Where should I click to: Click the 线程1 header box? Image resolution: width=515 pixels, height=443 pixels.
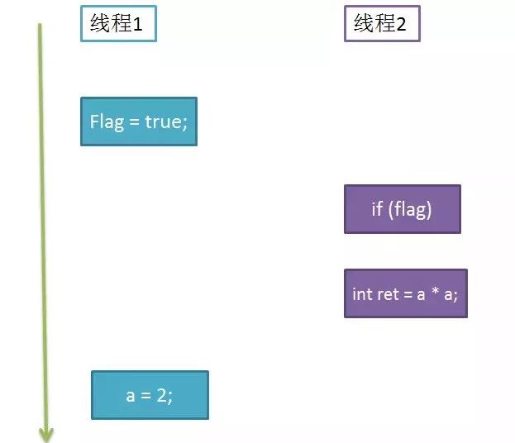[x=118, y=24]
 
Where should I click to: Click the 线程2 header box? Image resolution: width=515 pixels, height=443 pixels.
[x=382, y=24]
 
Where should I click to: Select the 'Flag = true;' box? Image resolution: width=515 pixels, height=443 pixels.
[x=139, y=121]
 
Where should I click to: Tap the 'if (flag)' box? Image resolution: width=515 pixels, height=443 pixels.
[x=403, y=209]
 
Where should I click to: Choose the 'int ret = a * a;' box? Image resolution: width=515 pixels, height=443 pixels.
[x=406, y=293]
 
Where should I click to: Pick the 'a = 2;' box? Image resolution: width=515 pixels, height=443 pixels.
[x=150, y=395]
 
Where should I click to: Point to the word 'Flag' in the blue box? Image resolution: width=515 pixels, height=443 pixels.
[x=107, y=122]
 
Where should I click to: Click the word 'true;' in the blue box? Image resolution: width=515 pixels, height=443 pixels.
[x=166, y=121]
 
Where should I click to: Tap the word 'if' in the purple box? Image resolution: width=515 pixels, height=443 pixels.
[x=377, y=208]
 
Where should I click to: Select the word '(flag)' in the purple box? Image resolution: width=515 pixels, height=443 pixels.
[x=410, y=209]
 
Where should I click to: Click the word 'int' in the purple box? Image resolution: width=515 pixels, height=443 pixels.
[x=362, y=294]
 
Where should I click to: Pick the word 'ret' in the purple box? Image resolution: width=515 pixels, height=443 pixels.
[x=388, y=294]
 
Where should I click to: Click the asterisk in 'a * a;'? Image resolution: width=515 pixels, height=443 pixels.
[x=435, y=291]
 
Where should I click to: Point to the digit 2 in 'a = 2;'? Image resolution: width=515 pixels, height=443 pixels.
[x=162, y=395]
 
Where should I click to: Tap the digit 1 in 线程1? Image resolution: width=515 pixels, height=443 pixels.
[x=137, y=24]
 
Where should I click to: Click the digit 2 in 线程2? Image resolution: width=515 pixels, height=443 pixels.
[x=401, y=24]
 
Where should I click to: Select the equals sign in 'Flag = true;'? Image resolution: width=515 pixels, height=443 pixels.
[x=135, y=122]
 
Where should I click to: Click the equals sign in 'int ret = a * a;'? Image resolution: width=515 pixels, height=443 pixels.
[x=408, y=294]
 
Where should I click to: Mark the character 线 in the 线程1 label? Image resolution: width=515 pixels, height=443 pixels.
[x=101, y=23]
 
